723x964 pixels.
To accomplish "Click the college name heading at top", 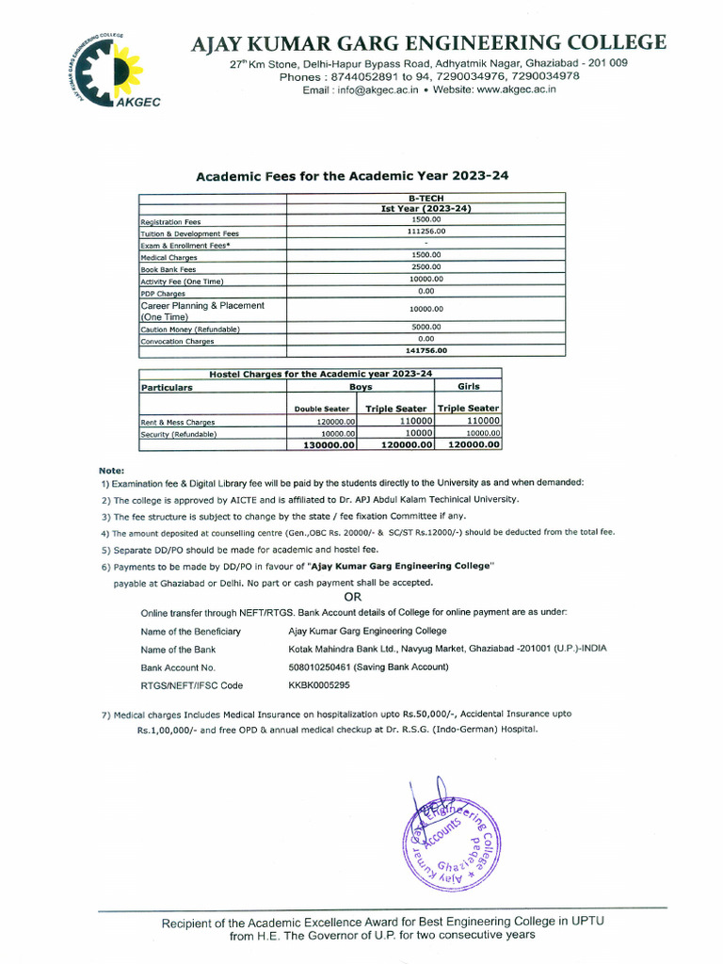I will click(x=428, y=42).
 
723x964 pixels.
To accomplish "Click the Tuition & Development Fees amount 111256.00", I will click(x=426, y=231).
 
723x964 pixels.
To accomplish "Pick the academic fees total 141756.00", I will click(x=426, y=350).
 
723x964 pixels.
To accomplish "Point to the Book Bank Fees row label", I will click(x=169, y=268).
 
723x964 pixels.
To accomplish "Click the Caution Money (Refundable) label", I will click(x=190, y=329).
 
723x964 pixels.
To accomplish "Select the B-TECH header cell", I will click(x=426, y=198).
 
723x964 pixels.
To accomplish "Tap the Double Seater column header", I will click(x=322, y=409).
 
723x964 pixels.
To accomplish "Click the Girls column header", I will click(x=469, y=386).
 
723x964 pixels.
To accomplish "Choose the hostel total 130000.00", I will click(x=323, y=444).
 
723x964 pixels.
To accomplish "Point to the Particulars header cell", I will click(x=167, y=387).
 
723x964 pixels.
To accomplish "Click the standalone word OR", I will click(x=353, y=597).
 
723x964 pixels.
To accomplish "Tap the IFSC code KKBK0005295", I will click(x=319, y=685).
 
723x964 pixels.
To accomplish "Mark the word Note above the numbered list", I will click(x=109, y=469).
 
